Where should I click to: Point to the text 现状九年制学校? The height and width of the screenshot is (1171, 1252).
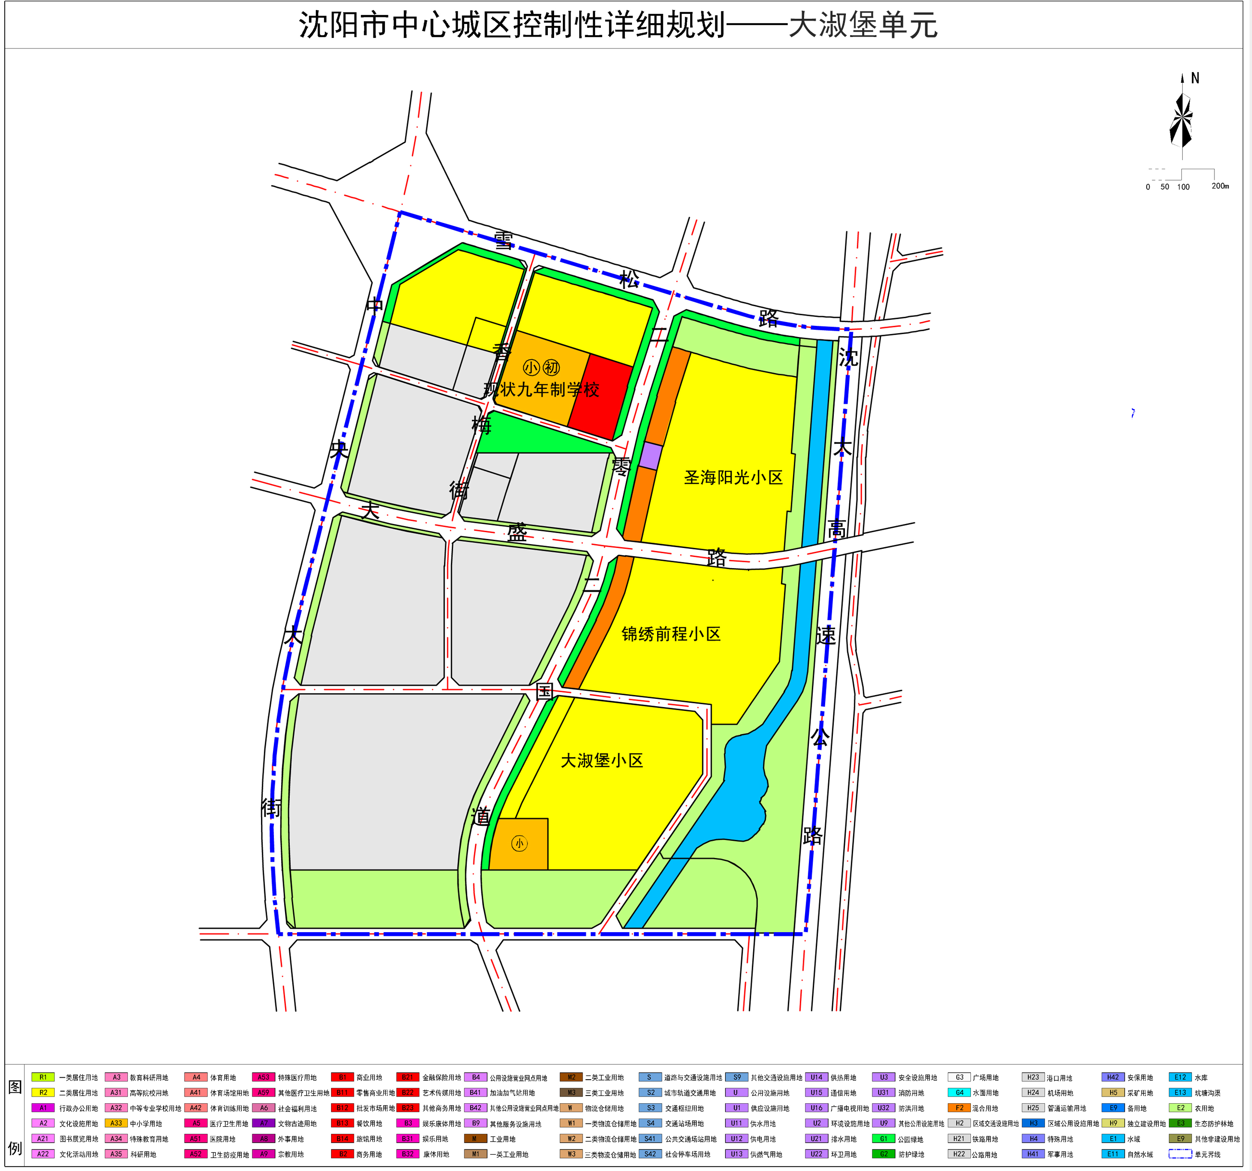541,390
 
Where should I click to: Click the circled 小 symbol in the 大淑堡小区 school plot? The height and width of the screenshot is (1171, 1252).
519,844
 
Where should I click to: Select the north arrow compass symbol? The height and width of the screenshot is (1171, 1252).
1181,120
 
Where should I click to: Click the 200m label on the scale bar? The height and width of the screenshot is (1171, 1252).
1220,186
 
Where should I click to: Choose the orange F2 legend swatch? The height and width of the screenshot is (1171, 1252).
959,1108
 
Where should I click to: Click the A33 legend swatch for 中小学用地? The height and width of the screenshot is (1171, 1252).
116,1123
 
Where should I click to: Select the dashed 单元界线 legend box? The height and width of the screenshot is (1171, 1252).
1180,1154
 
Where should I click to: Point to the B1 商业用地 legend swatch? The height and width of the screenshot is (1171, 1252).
342,1078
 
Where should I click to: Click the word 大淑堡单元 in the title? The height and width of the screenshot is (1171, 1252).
863,25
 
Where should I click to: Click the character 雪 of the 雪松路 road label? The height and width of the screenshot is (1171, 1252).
503,240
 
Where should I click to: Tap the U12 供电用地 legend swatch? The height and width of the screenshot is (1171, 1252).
736,1139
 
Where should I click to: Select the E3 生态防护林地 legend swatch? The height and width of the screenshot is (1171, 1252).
1180,1123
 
